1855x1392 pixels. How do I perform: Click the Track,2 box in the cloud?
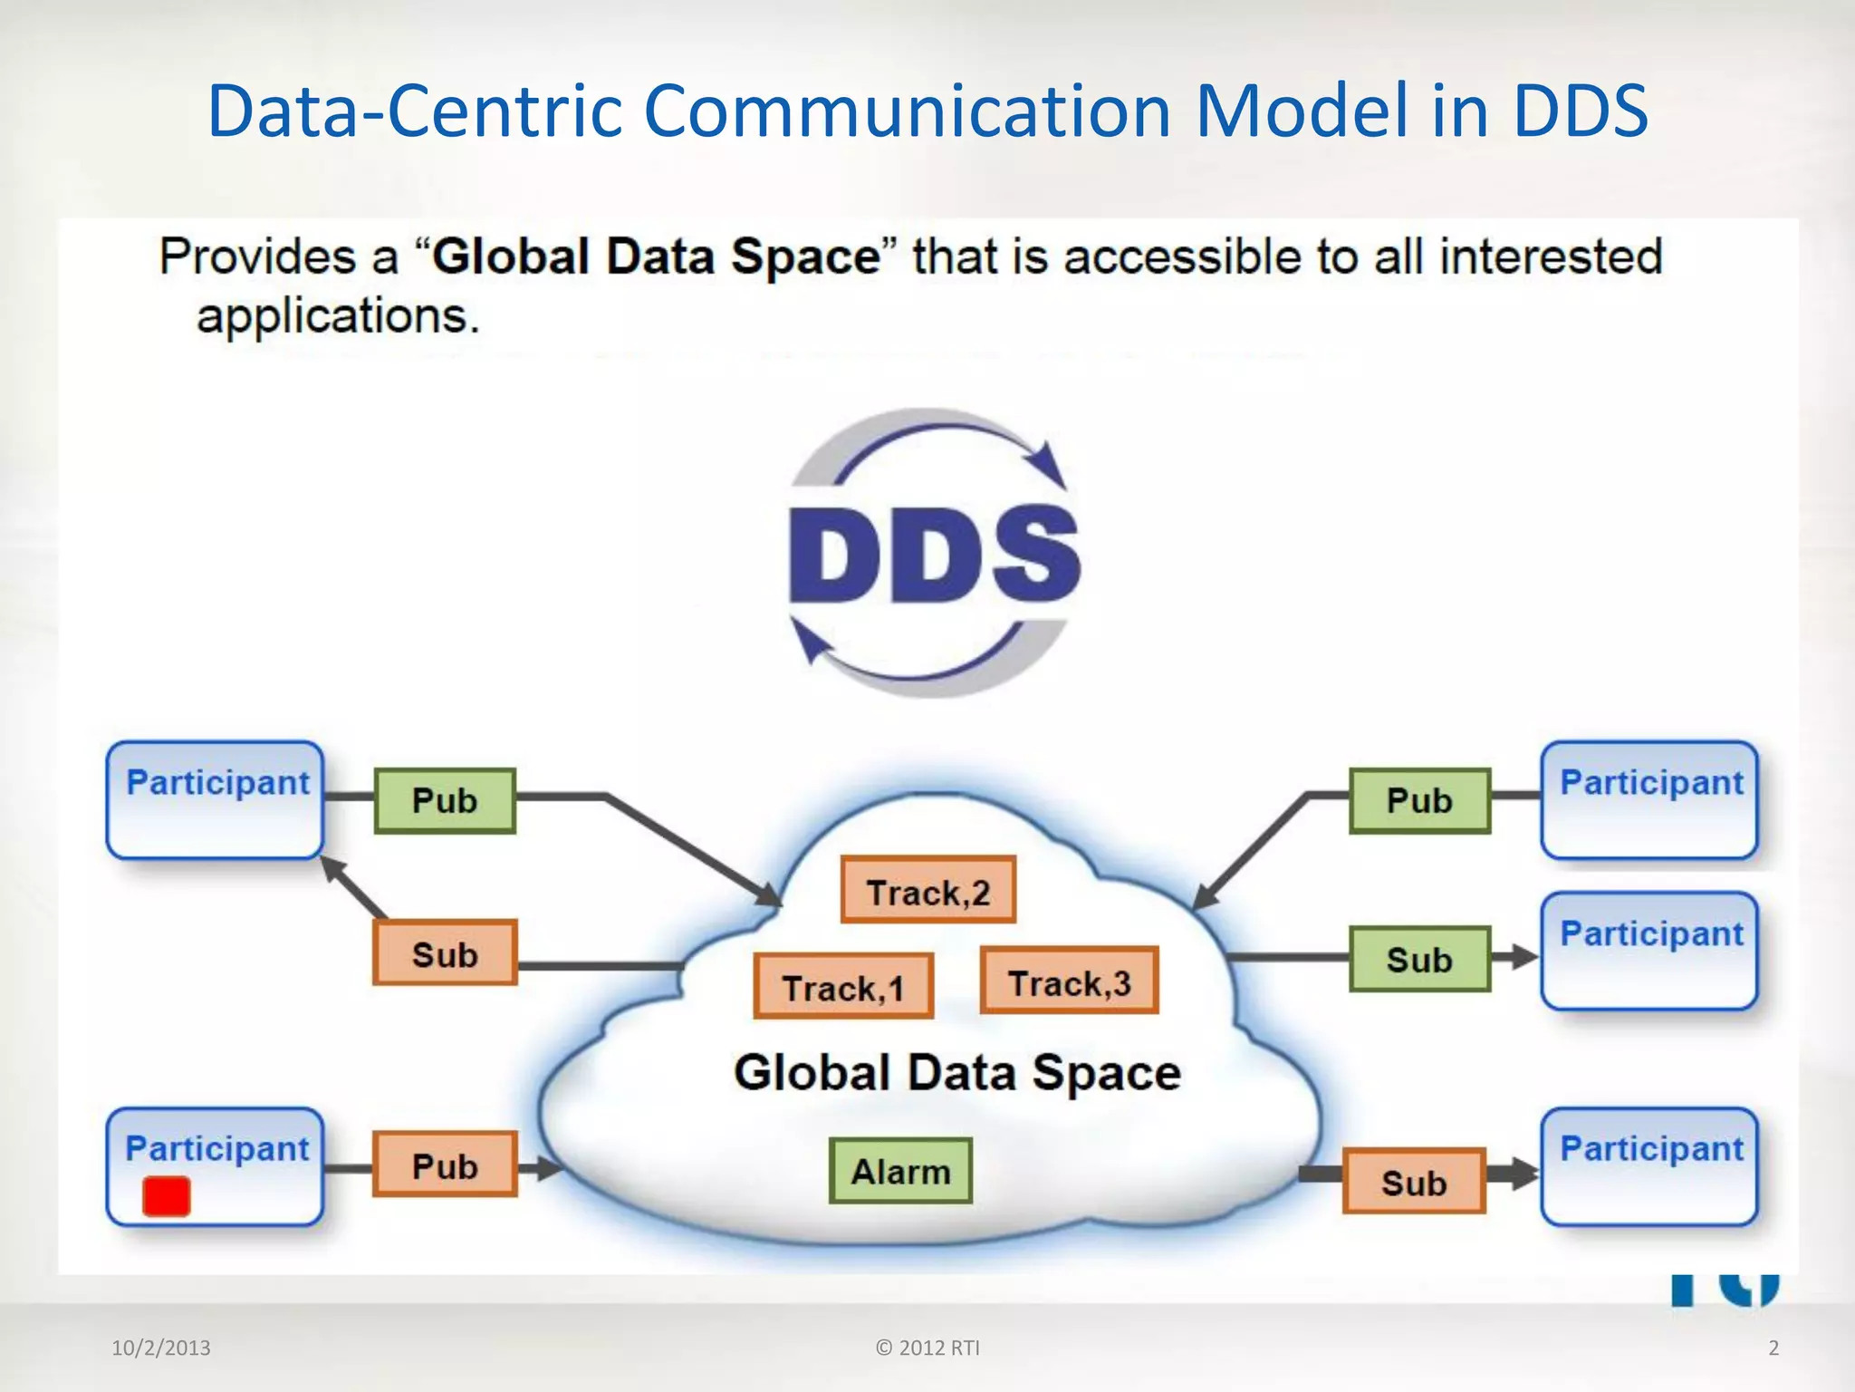(x=927, y=890)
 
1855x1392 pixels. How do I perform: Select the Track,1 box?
(x=843, y=986)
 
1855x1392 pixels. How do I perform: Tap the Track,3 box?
(x=1069, y=981)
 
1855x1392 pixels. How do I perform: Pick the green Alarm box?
(x=900, y=1171)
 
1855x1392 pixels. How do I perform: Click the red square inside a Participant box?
(x=167, y=1196)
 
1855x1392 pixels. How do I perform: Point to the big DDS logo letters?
(x=933, y=555)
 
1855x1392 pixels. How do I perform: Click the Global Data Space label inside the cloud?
(x=956, y=1073)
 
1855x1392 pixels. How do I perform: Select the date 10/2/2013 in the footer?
(x=161, y=1348)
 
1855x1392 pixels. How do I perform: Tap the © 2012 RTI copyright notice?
(x=927, y=1348)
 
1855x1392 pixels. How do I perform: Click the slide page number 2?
(x=1773, y=1348)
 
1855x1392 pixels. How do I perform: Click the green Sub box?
(x=1419, y=959)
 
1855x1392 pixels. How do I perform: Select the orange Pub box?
(x=445, y=1165)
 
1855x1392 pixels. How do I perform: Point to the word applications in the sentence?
(x=337, y=316)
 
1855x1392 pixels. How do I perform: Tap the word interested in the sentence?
(x=1551, y=256)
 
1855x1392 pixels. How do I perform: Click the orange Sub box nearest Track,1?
(x=445, y=953)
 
